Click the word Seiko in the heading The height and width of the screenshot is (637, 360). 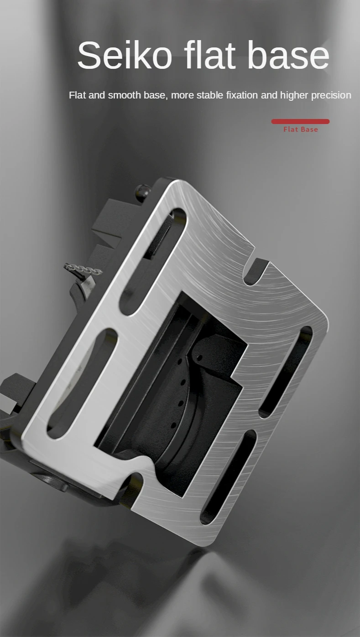[x=125, y=55]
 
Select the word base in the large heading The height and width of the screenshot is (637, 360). [x=288, y=55]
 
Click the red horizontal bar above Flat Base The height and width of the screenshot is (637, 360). [x=300, y=121]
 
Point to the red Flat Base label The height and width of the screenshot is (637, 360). [x=301, y=129]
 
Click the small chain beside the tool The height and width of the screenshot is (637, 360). [x=83, y=269]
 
